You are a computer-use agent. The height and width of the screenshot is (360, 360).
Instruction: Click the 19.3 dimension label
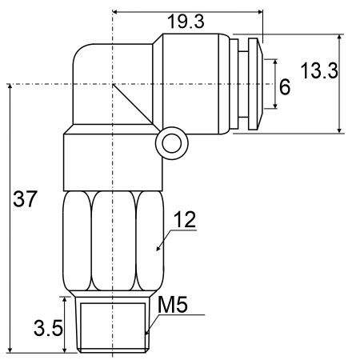click(x=186, y=22)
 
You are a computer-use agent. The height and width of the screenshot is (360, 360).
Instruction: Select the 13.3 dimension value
click(x=319, y=70)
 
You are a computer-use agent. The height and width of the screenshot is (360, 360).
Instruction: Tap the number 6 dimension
click(x=285, y=87)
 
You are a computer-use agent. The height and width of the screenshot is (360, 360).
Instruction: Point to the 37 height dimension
click(x=25, y=198)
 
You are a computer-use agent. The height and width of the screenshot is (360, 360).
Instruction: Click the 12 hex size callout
click(x=185, y=219)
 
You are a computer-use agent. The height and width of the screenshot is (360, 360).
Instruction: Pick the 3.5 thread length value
click(x=48, y=328)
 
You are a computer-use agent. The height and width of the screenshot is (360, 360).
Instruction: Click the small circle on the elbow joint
click(x=172, y=143)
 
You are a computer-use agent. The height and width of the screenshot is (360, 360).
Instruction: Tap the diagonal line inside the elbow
click(x=133, y=104)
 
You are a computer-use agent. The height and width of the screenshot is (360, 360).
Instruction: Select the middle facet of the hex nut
click(x=114, y=241)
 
